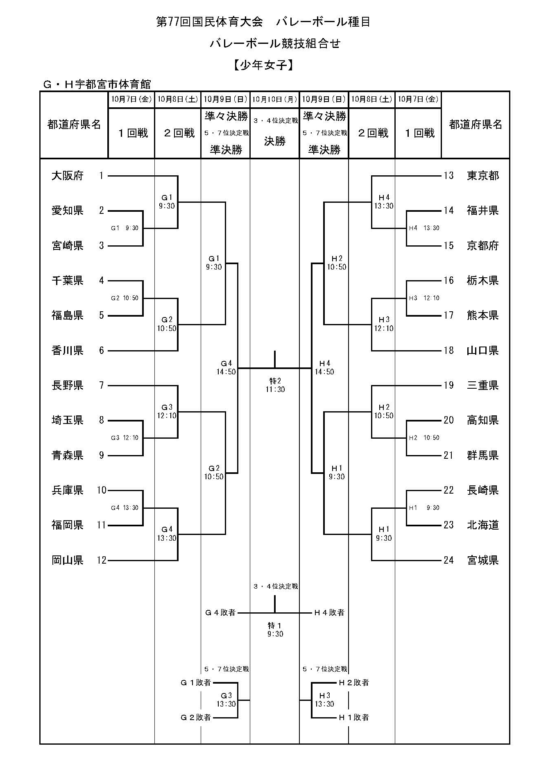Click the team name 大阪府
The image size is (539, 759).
68,176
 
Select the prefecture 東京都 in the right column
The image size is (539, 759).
483,176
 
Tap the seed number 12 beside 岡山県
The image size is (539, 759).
102,560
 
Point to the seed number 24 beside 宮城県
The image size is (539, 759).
448,560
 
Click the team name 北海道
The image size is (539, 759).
483,525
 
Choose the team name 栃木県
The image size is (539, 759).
483,281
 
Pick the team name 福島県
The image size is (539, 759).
68,315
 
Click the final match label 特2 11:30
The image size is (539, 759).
275,385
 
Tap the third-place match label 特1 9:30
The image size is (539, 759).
275,630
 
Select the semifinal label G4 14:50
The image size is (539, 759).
226,368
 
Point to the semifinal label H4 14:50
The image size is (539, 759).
324,368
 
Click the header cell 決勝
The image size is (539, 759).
274,141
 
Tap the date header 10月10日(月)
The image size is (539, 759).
274,99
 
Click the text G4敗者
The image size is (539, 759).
220,613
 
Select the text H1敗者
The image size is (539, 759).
354,717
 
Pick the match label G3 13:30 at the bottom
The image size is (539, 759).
226,700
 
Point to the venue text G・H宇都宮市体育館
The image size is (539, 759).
97,84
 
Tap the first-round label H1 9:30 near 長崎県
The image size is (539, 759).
424,508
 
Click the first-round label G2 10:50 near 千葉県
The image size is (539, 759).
125,298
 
